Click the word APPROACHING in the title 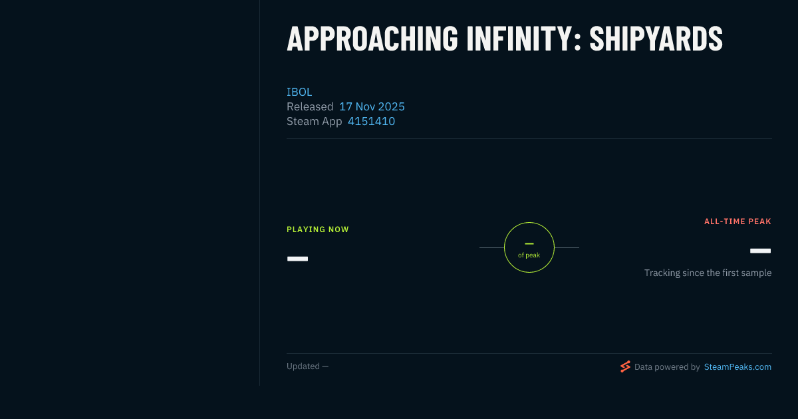click(x=372, y=39)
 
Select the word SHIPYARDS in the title click(x=656, y=39)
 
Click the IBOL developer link click(x=299, y=92)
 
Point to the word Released click(x=310, y=106)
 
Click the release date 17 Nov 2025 click(x=372, y=106)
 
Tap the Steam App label click(x=314, y=121)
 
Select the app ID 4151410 click(x=371, y=121)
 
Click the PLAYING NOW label click(x=318, y=229)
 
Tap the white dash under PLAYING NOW click(x=297, y=259)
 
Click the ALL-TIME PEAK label click(x=737, y=221)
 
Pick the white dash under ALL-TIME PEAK click(x=760, y=251)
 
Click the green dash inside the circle click(x=529, y=243)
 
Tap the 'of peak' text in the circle click(x=529, y=255)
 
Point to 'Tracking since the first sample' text click(x=708, y=273)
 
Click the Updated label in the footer click(x=303, y=366)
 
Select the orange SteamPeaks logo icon click(x=625, y=366)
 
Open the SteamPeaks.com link click(x=737, y=367)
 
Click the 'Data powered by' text click(x=667, y=367)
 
